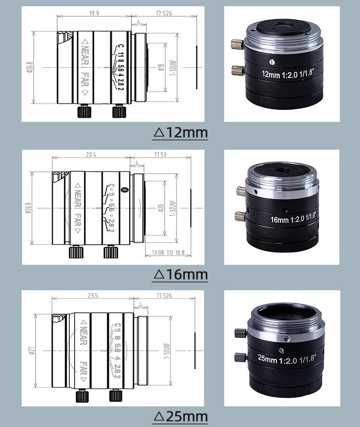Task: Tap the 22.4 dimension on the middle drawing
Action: pyautogui.click(x=92, y=154)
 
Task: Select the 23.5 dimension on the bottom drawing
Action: pyautogui.click(x=93, y=296)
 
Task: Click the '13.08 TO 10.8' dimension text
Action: pyautogui.click(x=168, y=252)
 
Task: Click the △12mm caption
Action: pyautogui.click(x=180, y=132)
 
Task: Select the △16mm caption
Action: pyautogui.click(x=180, y=274)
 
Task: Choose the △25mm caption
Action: pyautogui.click(x=180, y=416)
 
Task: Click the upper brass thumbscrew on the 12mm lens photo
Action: pyautogui.click(x=236, y=45)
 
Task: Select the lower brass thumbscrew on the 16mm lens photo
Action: pyautogui.click(x=240, y=215)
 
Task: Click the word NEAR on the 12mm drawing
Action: pyautogui.click(x=84, y=53)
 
